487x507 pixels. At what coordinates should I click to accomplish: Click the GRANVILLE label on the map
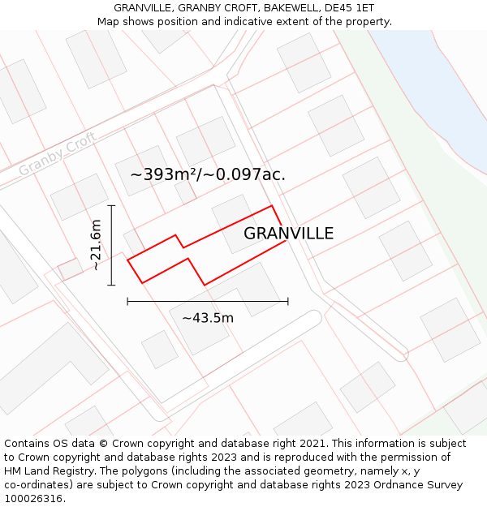coord(288,234)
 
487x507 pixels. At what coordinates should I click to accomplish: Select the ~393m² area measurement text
coord(165,174)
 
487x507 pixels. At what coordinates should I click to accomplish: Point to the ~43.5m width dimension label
coord(208,318)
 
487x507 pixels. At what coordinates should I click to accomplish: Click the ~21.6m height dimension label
coord(96,245)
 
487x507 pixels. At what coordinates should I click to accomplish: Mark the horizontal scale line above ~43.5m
coord(208,302)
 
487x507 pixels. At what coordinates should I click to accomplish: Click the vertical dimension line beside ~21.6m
coord(112,245)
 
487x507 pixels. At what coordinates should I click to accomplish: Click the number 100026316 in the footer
coord(32,498)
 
